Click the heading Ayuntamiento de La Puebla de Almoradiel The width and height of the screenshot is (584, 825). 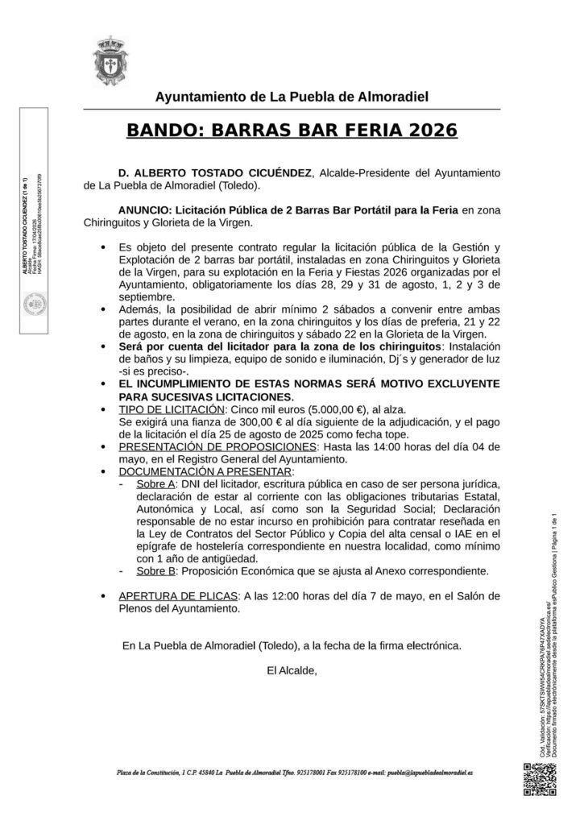point(292,97)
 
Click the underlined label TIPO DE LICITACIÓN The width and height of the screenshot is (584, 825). point(164,409)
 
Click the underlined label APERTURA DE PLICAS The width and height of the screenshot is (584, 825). point(178,596)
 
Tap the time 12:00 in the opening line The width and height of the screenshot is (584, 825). point(282,596)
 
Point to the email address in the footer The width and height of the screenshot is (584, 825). point(430,772)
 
